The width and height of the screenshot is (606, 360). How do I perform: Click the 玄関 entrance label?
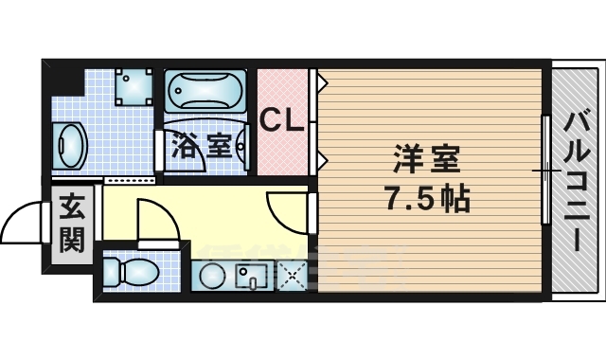72,224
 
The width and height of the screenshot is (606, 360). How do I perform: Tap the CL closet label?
281,120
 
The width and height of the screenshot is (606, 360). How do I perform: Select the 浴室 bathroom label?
201,146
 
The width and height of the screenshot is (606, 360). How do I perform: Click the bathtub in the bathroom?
205,93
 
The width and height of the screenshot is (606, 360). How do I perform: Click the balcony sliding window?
545,170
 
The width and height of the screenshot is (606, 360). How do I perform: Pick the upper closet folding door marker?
321,83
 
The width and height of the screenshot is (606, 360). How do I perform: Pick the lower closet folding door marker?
321,156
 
